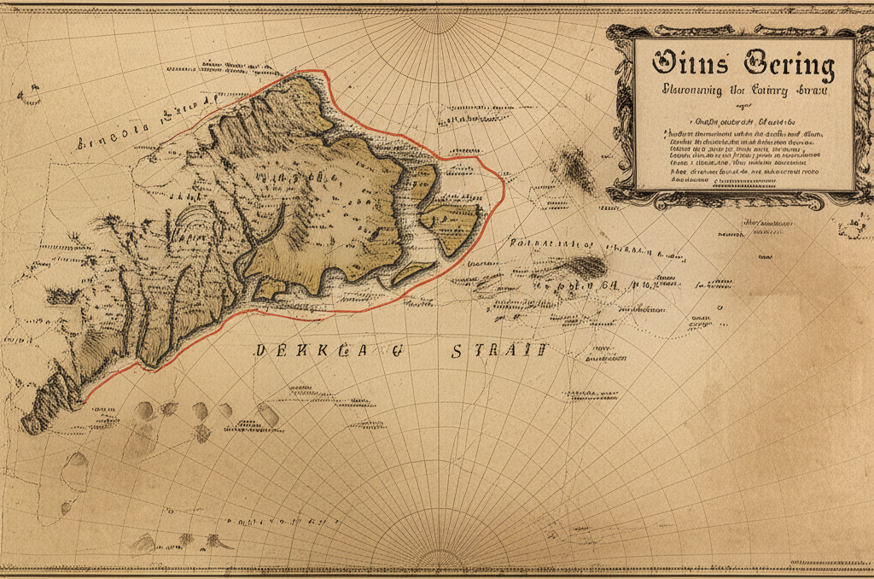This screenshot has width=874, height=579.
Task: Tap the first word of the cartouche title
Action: click(x=690, y=65)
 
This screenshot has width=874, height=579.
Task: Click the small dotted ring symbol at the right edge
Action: click(x=854, y=229)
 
